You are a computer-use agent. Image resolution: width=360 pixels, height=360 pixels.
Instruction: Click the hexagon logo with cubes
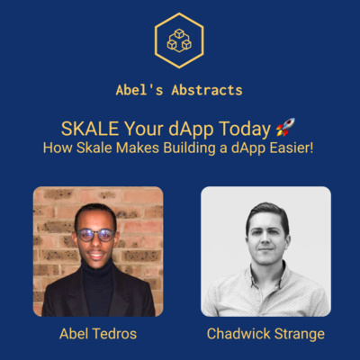[179, 40]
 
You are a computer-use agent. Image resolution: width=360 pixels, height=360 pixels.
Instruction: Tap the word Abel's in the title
[139, 90]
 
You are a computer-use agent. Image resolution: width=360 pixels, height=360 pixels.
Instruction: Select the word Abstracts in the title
[207, 90]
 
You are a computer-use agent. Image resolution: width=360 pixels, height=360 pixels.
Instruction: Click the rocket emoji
[285, 127]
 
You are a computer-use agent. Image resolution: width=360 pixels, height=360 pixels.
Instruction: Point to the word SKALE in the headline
[90, 129]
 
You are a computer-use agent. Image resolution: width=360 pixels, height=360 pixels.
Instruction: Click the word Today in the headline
[244, 130]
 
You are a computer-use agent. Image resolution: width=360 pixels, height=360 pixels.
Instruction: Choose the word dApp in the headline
[191, 130]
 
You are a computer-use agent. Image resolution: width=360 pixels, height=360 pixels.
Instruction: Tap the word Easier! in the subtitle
[292, 148]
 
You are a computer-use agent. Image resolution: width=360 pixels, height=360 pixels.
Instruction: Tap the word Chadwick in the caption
[238, 334]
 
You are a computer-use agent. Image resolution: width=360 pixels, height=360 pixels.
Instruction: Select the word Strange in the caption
[300, 335]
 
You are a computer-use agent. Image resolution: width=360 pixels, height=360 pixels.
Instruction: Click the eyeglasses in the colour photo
[95, 236]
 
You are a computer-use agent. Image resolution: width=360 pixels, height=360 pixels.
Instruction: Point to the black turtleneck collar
[97, 268]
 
